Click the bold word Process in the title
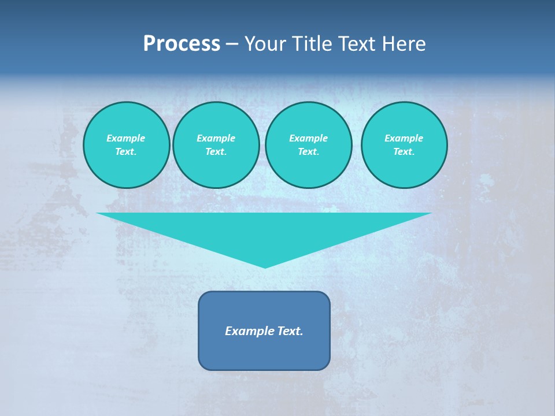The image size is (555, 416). point(182,44)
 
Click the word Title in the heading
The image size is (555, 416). point(313,44)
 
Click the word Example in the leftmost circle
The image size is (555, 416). point(126,138)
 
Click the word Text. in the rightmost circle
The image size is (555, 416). point(404,151)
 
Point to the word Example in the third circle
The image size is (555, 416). point(309,138)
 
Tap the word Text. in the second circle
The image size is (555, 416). point(216,151)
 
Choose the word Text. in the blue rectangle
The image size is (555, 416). point(288,331)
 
